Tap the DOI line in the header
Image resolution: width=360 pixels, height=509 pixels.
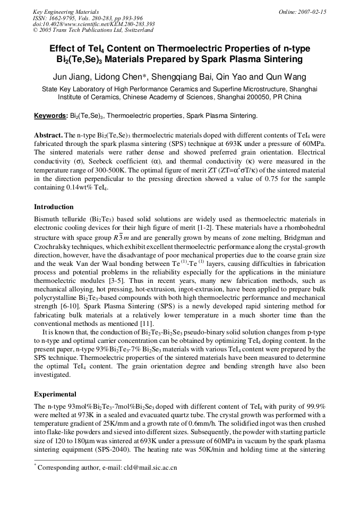click(93, 24)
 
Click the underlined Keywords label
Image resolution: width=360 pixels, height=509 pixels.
click(50, 115)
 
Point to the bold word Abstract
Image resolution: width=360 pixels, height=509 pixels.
click(48, 136)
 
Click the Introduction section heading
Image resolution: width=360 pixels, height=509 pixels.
click(54, 206)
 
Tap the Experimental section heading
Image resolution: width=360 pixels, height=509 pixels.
click(55, 394)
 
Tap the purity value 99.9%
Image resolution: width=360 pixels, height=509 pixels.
click(314, 406)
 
